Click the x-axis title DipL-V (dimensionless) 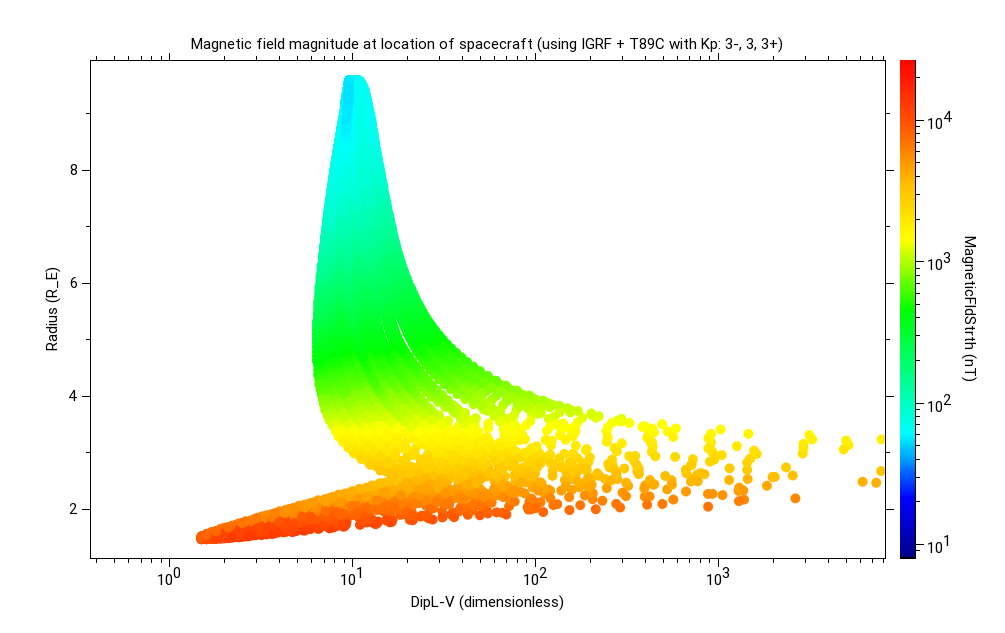[487, 602]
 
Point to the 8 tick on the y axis [73, 170]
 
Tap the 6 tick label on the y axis [73, 283]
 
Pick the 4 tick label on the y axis [73, 396]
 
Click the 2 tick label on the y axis [73, 509]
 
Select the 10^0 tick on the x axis [168, 577]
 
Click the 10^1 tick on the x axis [351, 577]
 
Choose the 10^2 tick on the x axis [535, 577]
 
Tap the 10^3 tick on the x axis [718, 577]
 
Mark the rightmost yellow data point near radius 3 [881, 439]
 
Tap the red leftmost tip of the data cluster [202, 537]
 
